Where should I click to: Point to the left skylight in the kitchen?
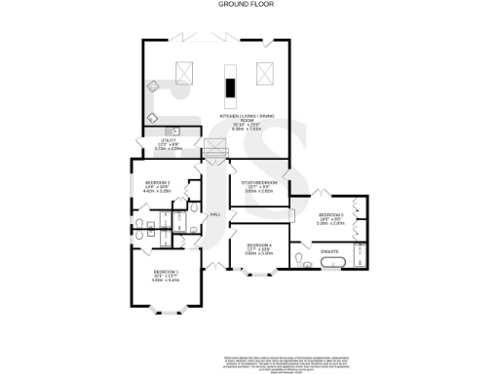[x=183, y=71]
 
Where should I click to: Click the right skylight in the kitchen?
[x=264, y=72]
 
